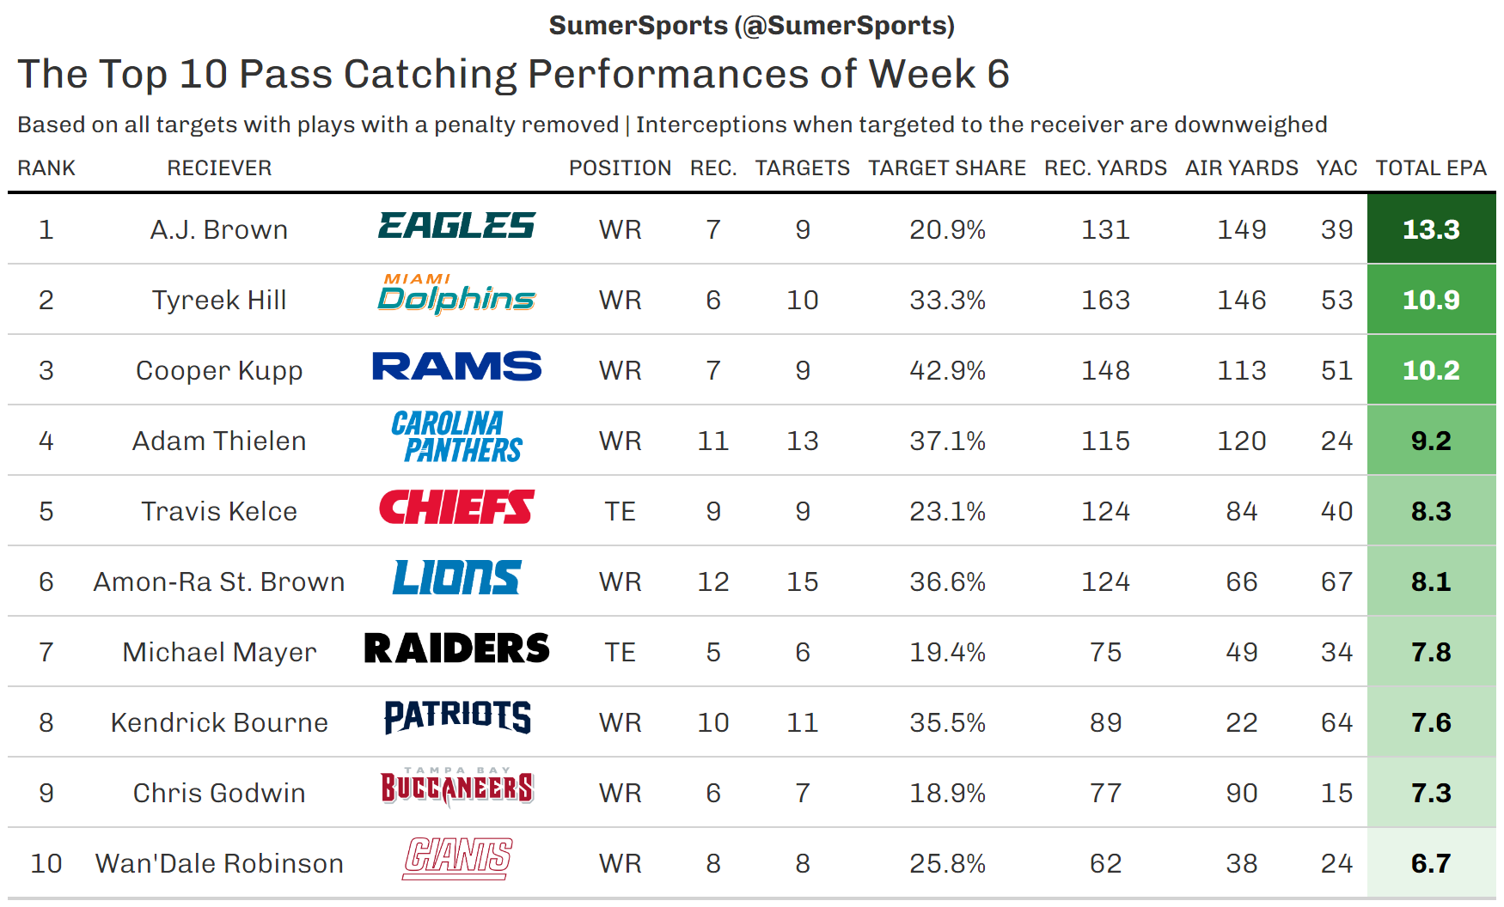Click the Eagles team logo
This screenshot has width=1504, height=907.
(x=456, y=227)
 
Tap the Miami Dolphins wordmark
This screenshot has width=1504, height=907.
(x=456, y=294)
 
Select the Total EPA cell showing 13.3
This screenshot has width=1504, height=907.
(x=1431, y=229)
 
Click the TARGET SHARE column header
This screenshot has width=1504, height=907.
(x=946, y=167)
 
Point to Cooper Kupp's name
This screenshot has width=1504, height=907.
(x=219, y=370)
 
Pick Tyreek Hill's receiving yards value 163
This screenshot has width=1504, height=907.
(x=1105, y=300)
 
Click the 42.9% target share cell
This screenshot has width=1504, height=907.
(x=947, y=370)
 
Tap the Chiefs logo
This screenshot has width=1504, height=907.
(x=456, y=508)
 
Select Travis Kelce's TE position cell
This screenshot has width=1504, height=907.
(x=620, y=511)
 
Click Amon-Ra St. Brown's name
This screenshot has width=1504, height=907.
(x=219, y=581)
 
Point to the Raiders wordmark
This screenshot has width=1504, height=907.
(x=456, y=648)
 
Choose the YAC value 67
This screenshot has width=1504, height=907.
(x=1336, y=581)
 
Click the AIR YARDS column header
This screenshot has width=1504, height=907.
(x=1241, y=167)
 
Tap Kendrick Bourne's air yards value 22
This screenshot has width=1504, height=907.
(x=1241, y=722)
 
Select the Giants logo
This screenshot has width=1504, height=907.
(x=457, y=858)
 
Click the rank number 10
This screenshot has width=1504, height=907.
(x=46, y=863)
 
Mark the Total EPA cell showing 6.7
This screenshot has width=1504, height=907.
(x=1431, y=863)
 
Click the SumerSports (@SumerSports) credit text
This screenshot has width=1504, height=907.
(x=751, y=26)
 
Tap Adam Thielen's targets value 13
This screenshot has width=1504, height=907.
(x=802, y=441)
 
